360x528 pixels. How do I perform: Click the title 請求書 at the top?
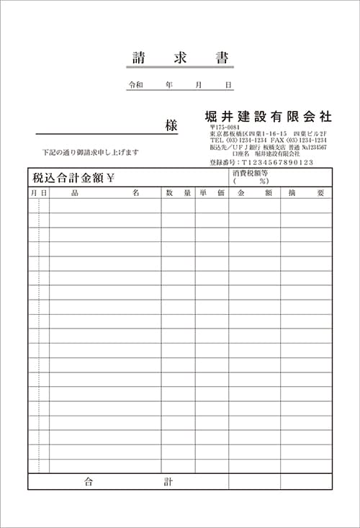180,57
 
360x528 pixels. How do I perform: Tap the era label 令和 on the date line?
135,85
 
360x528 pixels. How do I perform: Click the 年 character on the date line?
168,85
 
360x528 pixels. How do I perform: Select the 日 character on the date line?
228,85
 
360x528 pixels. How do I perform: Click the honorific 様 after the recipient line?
171,125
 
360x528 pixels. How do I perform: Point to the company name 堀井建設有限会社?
267,116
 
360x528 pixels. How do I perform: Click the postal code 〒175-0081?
225,127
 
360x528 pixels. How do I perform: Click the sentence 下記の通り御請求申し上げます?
90,153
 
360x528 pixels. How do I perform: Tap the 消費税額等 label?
251,174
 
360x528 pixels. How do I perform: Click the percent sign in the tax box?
264,182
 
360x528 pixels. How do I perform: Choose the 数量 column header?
178,193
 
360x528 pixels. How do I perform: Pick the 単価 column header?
212,193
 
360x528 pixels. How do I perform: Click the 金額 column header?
254,193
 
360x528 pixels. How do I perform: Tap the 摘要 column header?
306,193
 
